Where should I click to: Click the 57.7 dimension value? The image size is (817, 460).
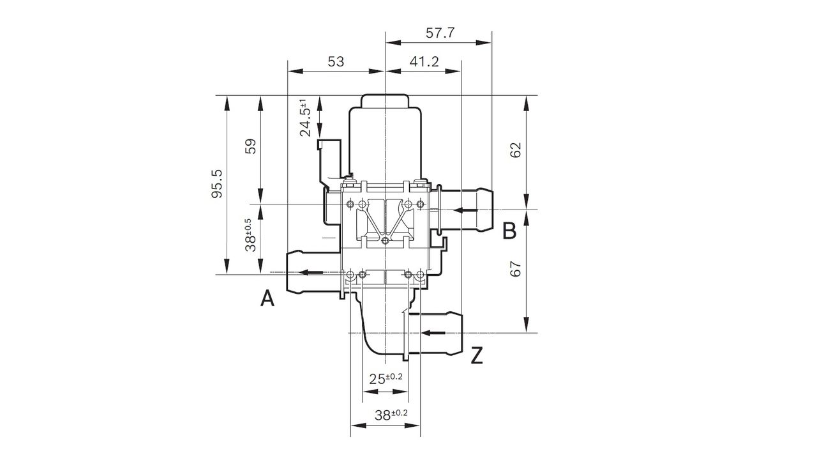tap(440, 33)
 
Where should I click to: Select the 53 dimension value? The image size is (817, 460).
tap(336, 61)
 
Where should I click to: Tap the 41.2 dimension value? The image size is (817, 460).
tap(424, 61)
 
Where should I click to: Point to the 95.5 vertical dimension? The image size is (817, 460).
tap(217, 185)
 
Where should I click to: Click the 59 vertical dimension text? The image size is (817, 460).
tap(251, 147)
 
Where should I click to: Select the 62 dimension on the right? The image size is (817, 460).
tap(516, 150)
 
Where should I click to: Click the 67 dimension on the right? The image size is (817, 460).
tap(516, 269)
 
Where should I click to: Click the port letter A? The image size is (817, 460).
tap(267, 298)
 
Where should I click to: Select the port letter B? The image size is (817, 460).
tap(509, 231)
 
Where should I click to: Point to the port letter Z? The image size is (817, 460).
tap(477, 356)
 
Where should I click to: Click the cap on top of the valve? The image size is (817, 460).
tap(385, 102)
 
